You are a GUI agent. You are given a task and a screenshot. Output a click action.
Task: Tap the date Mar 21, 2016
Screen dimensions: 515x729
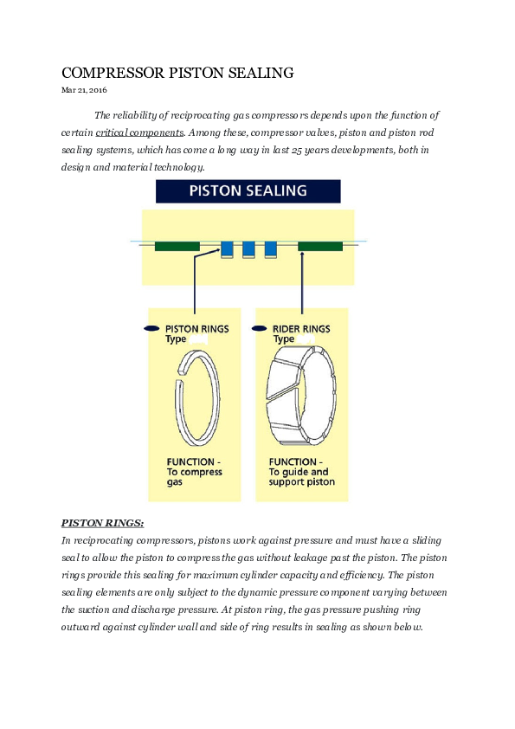click(84, 90)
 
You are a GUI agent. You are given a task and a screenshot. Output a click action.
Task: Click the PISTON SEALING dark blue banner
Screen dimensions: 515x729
click(248, 191)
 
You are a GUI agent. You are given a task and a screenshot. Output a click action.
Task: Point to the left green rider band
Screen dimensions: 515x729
click(177, 246)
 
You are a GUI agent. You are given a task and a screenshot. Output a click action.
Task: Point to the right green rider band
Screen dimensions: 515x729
click(320, 246)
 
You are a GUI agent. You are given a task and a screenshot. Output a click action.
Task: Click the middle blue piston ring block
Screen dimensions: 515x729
click(248, 248)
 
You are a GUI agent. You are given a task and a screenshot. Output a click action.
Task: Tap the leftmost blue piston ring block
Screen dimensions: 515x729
click(227, 248)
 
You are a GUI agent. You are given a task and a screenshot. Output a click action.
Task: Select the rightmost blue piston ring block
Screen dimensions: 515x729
click(271, 248)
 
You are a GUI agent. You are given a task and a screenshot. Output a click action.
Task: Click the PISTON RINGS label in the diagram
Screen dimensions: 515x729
click(196, 329)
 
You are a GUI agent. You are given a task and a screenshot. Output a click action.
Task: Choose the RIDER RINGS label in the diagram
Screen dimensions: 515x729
click(301, 329)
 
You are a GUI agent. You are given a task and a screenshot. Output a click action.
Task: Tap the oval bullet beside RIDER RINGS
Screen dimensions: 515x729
click(258, 329)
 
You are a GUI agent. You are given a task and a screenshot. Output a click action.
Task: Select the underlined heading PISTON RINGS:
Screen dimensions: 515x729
click(102, 522)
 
